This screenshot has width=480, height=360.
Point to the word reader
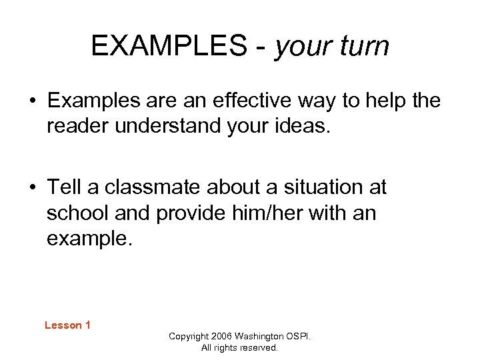click(x=78, y=126)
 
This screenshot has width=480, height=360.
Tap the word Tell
click(x=65, y=187)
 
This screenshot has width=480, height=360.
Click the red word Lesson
click(x=62, y=325)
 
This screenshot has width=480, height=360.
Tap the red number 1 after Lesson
click(x=87, y=325)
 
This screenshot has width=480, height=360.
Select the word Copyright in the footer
click(x=189, y=337)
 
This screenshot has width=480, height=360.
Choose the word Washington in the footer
click(x=261, y=337)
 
